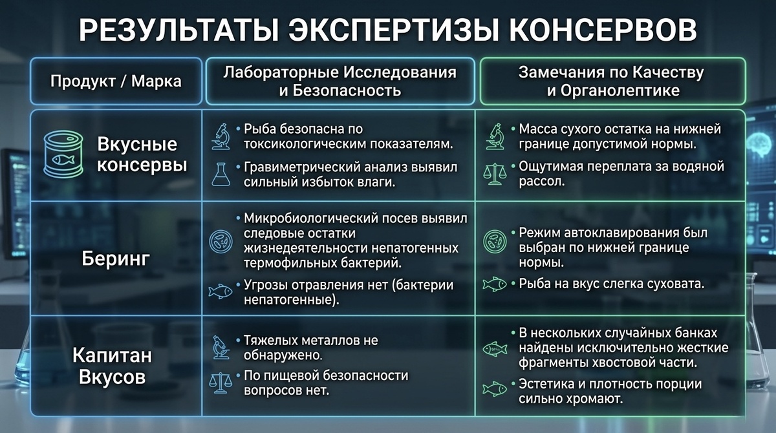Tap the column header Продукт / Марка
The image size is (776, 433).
pos(116,81)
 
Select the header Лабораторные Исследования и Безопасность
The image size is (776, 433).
pos(340,81)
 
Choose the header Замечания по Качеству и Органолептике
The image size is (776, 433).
pos(612,81)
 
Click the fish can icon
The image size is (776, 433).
pos(63,154)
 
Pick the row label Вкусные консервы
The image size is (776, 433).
pos(142,154)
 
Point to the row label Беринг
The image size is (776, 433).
pos(116,259)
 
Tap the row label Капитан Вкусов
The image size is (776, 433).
pos(112,366)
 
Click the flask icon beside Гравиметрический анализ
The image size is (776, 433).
pos(221,174)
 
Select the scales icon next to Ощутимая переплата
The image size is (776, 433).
pos(495,174)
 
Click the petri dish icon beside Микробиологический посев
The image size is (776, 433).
pos(221,241)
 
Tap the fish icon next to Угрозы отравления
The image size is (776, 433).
pos(221,291)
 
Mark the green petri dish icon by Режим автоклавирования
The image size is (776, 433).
pos(495,241)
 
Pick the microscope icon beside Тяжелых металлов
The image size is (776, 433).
pos(221,347)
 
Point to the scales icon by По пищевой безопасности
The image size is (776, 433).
pos(221,383)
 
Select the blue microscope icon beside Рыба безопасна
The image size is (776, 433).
pos(221,136)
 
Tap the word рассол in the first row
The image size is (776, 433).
pos(542,182)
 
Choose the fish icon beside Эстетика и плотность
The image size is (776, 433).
pos(495,388)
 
